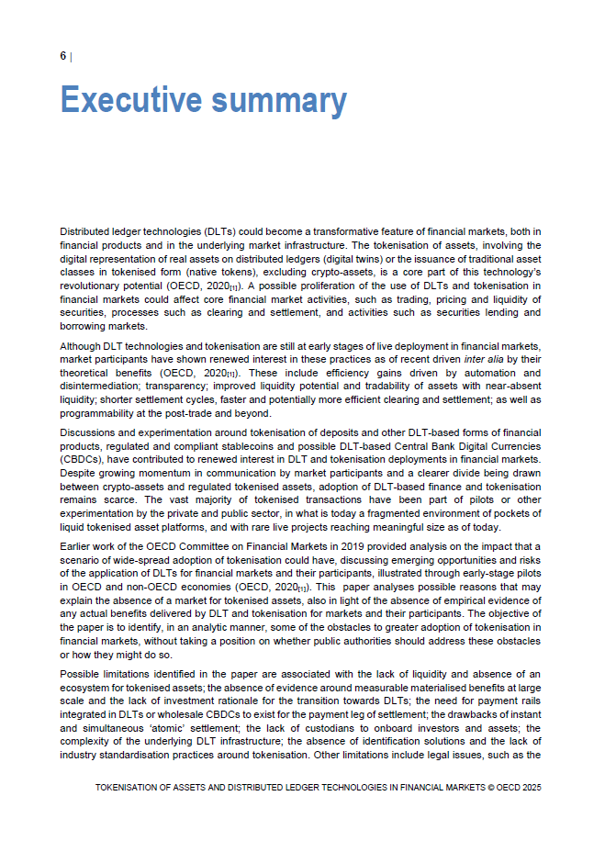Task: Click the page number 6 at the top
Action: point(63,56)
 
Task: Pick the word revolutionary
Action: point(95,286)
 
